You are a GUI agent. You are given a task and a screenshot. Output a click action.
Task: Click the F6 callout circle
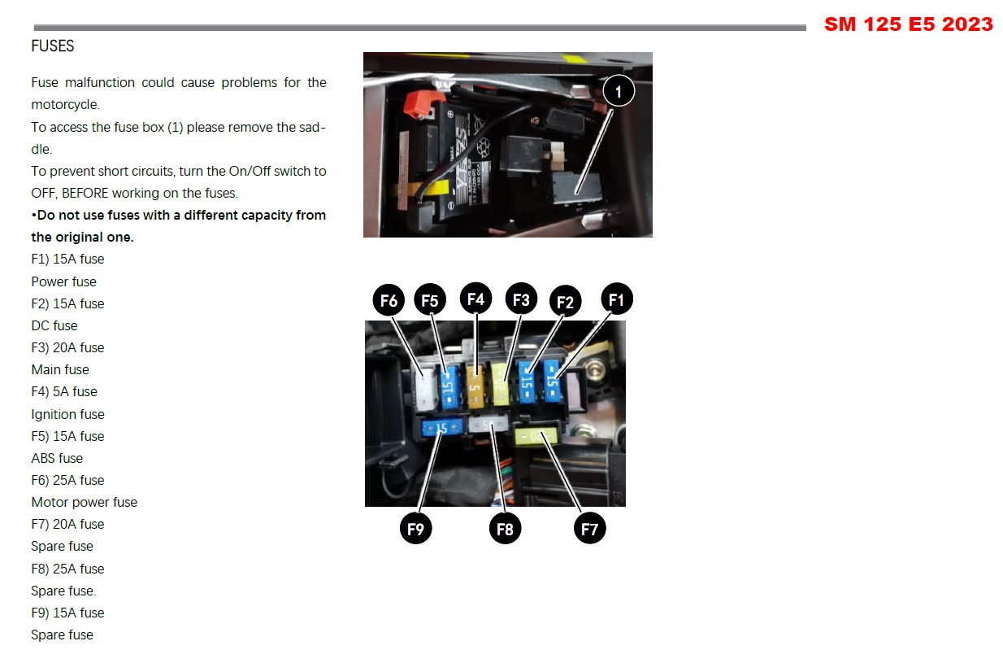click(389, 300)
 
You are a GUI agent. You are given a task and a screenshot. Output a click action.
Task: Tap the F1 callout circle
click(617, 299)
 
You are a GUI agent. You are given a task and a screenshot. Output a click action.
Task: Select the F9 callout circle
click(415, 529)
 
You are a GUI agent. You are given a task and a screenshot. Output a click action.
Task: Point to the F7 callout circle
click(590, 529)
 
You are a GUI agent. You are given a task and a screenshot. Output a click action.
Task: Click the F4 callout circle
click(475, 299)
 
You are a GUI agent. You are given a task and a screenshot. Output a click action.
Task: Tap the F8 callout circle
click(505, 529)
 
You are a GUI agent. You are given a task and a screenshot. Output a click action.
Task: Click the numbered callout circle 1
click(619, 91)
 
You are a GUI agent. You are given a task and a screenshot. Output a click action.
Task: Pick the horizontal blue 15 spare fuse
click(442, 428)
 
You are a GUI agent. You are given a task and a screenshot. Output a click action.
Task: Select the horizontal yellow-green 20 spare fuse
click(536, 436)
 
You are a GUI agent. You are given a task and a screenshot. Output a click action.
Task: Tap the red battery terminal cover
click(423, 103)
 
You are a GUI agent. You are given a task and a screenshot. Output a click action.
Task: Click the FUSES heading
click(52, 46)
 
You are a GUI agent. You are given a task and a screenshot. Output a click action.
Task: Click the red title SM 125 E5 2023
click(909, 24)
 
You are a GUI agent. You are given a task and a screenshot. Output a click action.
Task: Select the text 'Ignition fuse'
click(67, 414)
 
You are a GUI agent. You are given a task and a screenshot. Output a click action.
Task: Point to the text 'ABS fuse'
click(57, 458)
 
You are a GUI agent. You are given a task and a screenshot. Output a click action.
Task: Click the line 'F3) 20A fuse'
click(67, 347)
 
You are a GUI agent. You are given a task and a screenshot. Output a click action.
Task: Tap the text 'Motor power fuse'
click(85, 502)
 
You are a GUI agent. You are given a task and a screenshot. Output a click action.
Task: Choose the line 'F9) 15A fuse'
click(67, 613)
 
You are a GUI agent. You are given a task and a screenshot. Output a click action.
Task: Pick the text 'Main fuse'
click(60, 369)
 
